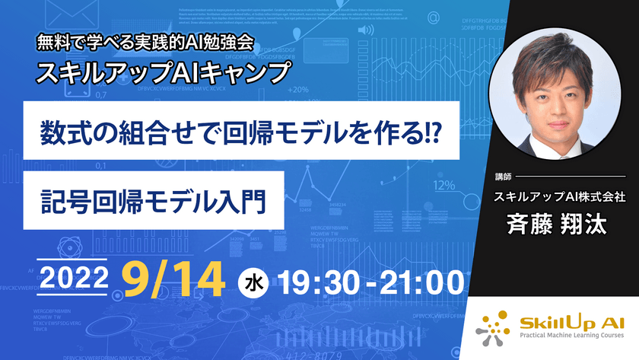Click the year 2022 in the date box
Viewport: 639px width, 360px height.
pos(75,279)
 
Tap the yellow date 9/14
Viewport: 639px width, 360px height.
pos(174,279)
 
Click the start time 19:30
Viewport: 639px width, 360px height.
pos(314,281)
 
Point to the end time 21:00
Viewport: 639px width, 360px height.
pos(419,281)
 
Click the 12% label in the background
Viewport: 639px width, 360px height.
pos(444,185)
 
